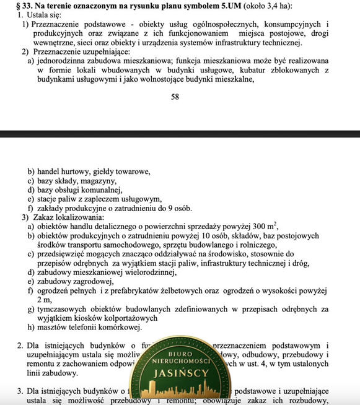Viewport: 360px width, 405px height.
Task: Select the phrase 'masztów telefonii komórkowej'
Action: click(x=89, y=328)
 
